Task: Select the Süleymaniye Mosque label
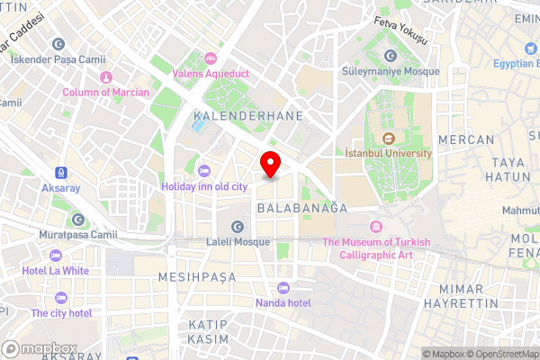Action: [391, 71]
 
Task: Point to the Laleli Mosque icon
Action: [238, 226]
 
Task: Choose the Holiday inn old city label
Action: [203, 186]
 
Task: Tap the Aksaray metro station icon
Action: [60, 172]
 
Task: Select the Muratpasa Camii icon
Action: [78, 220]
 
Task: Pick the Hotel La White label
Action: [56, 270]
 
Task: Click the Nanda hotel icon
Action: [283, 287]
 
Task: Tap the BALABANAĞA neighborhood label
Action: [301, 207]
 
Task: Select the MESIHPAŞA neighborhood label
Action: [197, 276]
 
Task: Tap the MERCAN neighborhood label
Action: [466, 139]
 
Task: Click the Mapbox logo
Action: [38, 347]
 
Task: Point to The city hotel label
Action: [61, 313]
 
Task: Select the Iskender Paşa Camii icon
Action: [58, 43]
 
